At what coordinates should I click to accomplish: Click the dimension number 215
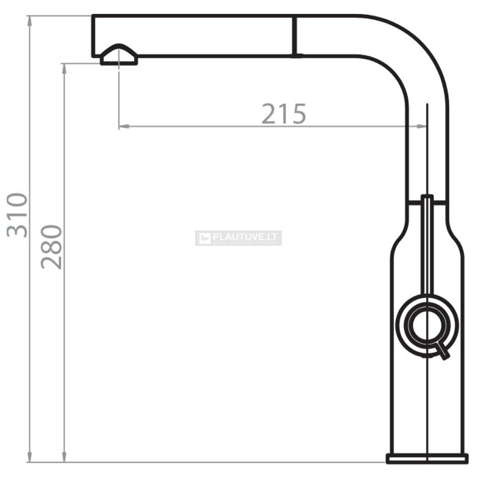pos(283,113)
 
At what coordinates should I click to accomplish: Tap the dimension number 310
pos(17,215)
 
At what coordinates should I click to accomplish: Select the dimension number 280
pos(51,247)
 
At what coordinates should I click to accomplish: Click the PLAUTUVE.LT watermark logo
pos(239,238)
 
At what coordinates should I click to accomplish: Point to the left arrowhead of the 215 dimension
pos(124,127)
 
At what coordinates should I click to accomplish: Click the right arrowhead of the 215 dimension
pos(422,127)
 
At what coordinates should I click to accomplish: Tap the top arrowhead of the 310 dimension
pos(29,21)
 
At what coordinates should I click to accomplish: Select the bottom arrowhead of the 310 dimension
pos(29,457)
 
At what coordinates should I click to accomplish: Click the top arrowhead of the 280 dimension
pos(64,69)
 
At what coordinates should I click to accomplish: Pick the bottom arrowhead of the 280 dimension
pos(64,457)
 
